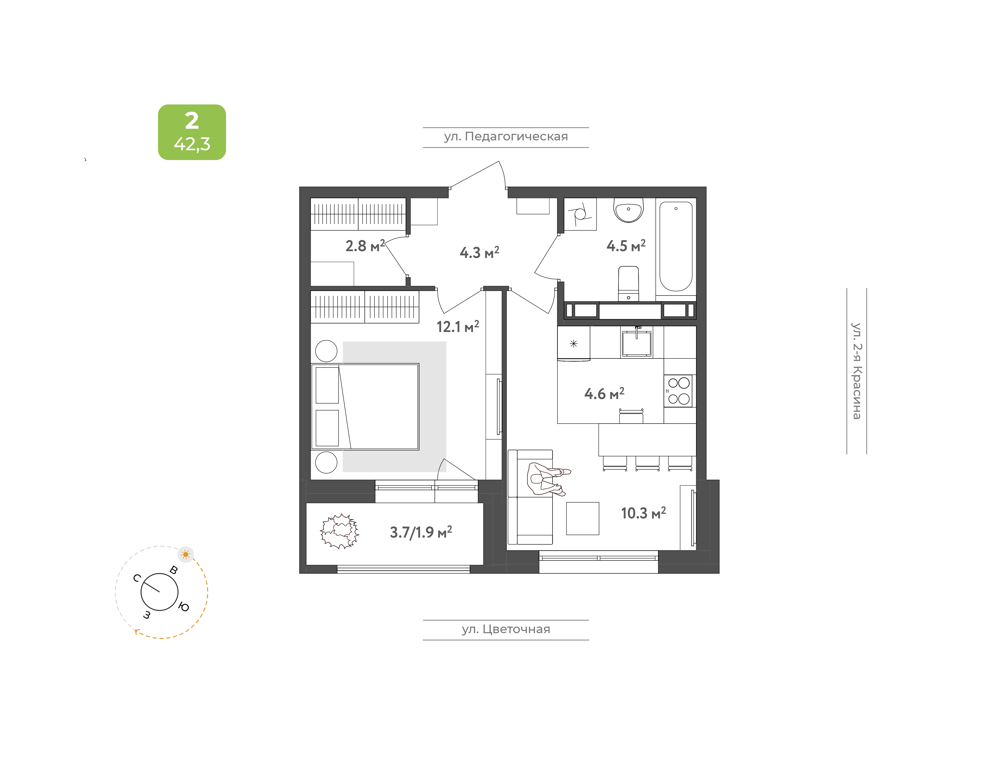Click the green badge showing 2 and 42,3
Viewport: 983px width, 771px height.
click(x=192, y=132)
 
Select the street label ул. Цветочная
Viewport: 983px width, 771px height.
click(x=506, y=629)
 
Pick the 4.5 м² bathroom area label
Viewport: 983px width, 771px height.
click(x=626, y=246)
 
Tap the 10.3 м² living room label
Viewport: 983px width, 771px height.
click(x=643, y=513)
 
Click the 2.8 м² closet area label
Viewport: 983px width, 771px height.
click(x=365, y=246)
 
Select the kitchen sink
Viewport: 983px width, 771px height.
click(x=637, y=343)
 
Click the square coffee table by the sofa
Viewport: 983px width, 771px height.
click(x=583, y=518)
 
